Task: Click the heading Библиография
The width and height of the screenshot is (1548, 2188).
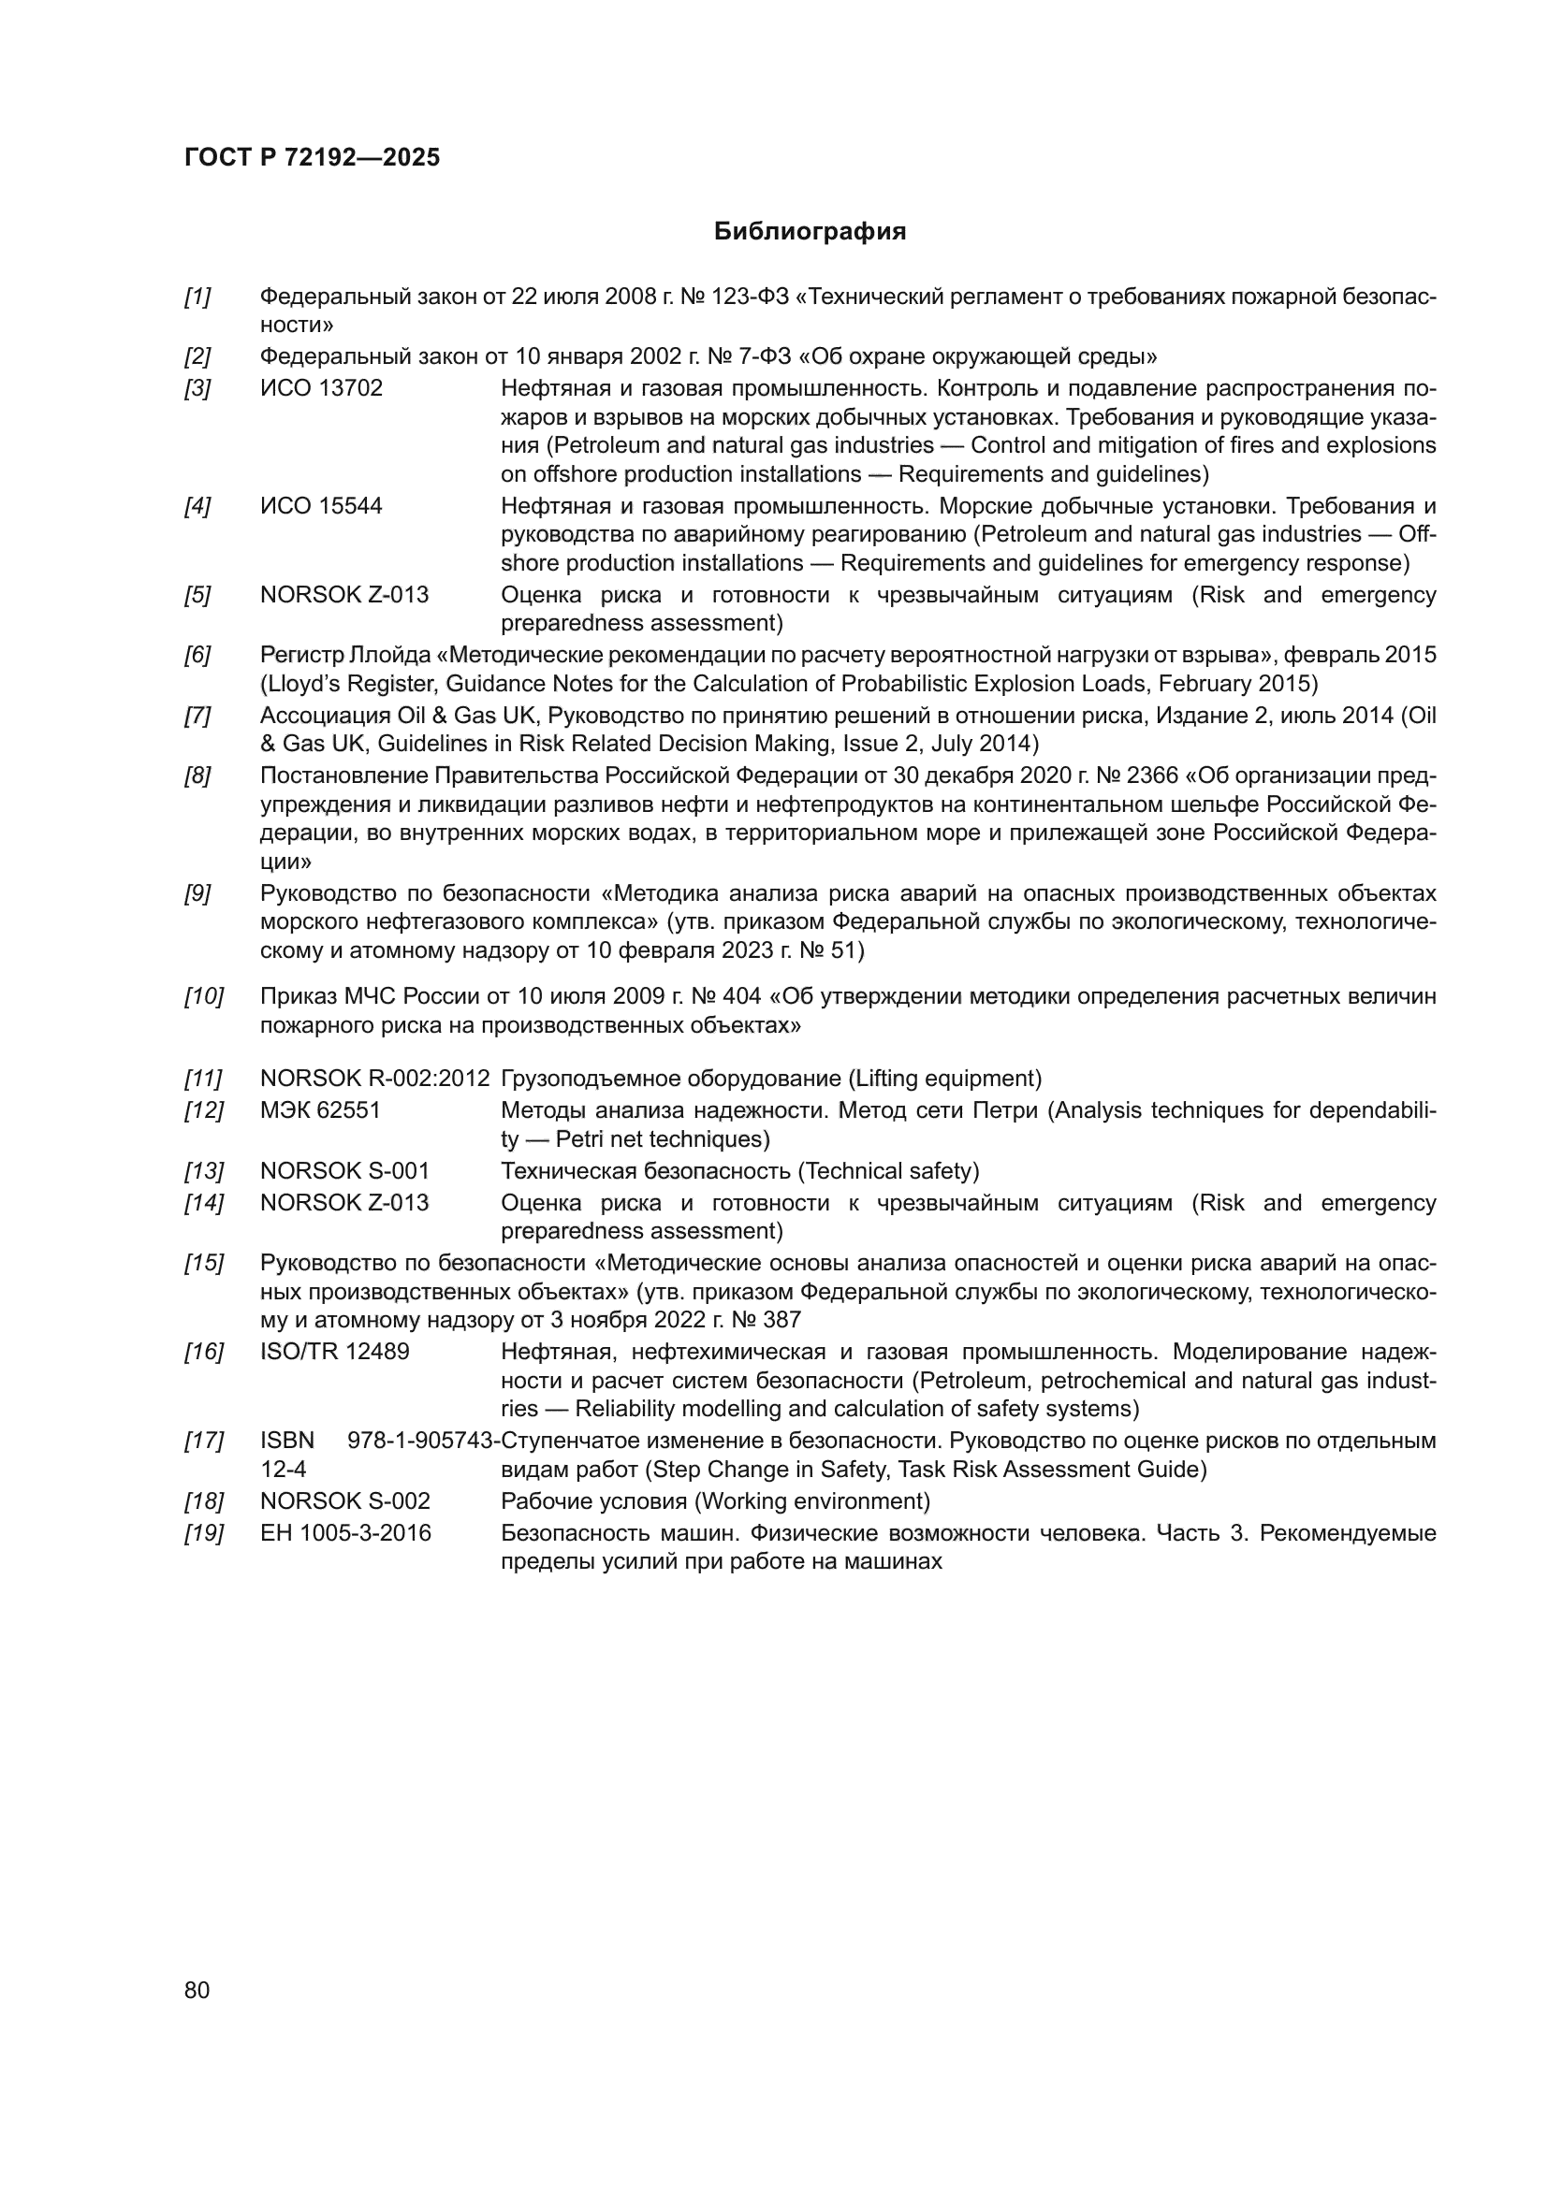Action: tap(810, 232)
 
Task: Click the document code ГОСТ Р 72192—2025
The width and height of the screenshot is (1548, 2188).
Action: tap(312, 158)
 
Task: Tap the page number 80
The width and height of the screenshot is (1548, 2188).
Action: tap(197, 1990)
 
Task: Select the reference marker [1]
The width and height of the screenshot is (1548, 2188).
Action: tap(197, 297)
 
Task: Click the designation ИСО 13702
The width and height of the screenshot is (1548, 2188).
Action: tap(321, 389)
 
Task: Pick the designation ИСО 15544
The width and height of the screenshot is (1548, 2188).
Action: tap(321, 506)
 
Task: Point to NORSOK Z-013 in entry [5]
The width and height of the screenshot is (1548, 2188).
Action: tap(344, 596)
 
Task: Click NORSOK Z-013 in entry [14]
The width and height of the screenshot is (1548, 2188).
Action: tap(344, 1203)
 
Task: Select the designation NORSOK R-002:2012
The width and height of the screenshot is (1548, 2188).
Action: tap(374, 1079)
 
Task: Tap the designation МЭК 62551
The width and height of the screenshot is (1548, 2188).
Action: tap(320, 1110)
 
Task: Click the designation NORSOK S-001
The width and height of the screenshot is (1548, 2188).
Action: tap(344, 1171)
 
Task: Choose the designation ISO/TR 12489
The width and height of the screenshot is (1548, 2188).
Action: tap(334, 1353)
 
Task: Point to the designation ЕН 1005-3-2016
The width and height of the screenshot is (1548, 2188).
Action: tap(345, 1533)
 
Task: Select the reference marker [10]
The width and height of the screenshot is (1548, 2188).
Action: tap(203, 997)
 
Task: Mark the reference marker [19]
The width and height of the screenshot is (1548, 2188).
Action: tap(203, 1533)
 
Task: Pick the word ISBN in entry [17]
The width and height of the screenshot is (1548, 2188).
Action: tap(287, 1441)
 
